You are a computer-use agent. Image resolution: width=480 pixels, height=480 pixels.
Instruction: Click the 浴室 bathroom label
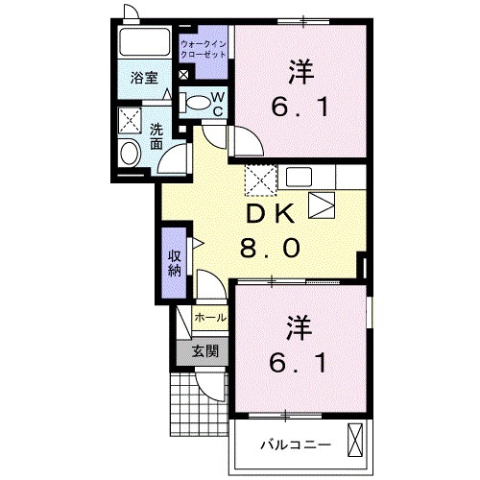[145, 78]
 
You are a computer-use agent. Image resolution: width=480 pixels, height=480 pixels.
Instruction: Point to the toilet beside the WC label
[195, 103]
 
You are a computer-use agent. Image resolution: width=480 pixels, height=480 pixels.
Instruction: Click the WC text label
[217, 103]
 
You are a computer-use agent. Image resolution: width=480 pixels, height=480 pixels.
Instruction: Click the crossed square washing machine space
[130, 119]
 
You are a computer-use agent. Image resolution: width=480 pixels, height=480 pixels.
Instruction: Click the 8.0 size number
[271, 249]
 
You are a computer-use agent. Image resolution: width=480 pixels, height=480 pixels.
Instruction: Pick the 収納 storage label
[174, 260]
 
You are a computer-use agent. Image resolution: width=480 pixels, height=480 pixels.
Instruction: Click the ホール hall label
[209, 317]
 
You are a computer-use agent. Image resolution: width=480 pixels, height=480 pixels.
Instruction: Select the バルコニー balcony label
[296, 444]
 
